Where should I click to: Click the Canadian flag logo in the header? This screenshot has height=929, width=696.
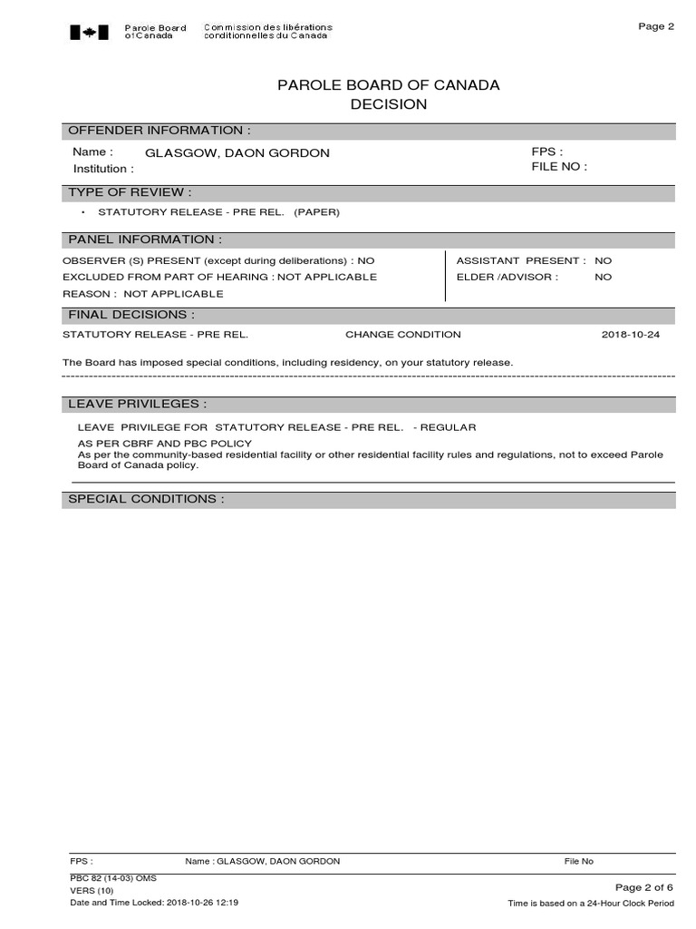tap(89, 32)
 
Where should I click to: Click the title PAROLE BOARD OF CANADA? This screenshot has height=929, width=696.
tap(388, 85)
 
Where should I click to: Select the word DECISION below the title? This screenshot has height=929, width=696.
tap(388, 104)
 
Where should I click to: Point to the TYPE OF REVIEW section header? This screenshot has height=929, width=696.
tap(130, 192)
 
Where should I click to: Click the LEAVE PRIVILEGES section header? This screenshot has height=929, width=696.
tap(138, 404)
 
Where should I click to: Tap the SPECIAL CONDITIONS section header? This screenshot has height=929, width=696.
tap(146, 499)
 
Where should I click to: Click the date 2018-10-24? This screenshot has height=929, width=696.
tap(632, 335)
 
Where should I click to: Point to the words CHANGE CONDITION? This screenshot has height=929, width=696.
tap(402, 335)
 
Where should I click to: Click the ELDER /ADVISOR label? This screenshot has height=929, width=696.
tap(507, 277)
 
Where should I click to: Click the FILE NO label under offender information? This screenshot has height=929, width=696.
tap(559, 167)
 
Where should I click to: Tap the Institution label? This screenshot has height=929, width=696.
tap(103, 169)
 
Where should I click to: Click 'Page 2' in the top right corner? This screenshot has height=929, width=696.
tap(656, 26)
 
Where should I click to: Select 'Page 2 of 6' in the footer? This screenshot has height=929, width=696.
tap(644, 887)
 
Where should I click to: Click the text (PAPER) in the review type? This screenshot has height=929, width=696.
tap(316, 212)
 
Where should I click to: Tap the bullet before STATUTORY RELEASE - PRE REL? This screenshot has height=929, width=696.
tap(82, 212)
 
